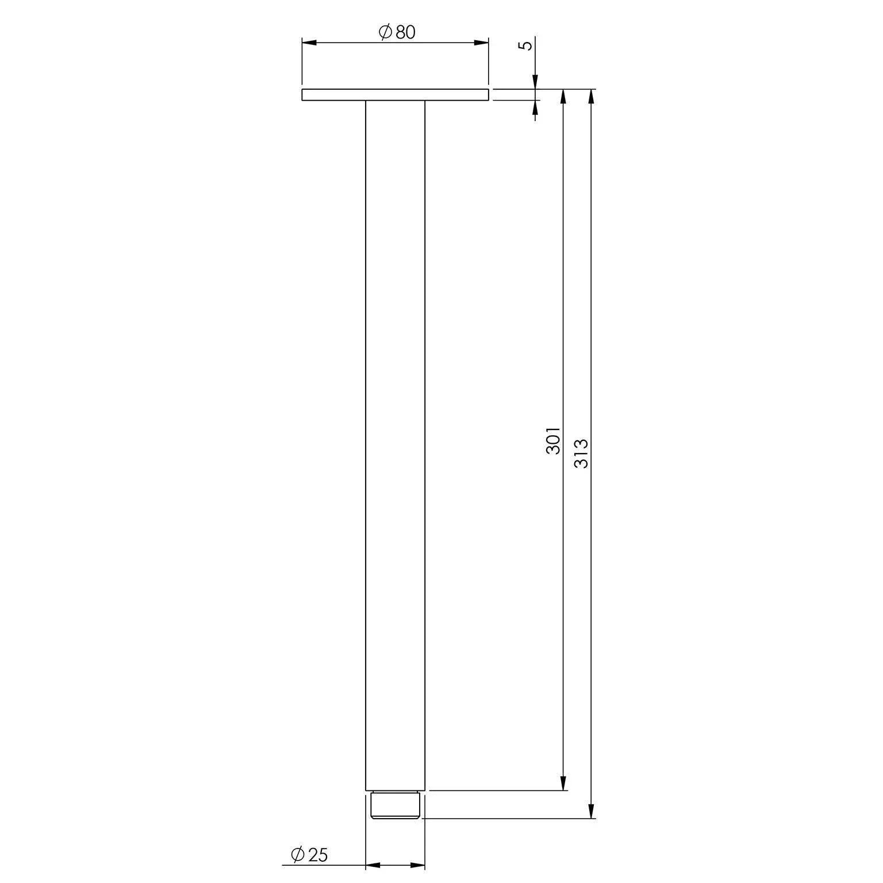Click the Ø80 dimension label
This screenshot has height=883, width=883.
click(397, 33)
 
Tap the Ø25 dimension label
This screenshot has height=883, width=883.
click(309, 855)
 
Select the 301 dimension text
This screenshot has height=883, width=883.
click(553, 440)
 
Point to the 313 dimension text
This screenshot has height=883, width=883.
click(581, 453)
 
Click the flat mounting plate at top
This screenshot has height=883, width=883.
click(395, 95)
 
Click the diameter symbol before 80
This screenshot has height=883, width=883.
click(385, 33)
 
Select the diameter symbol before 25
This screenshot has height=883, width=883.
click(298, 855)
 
